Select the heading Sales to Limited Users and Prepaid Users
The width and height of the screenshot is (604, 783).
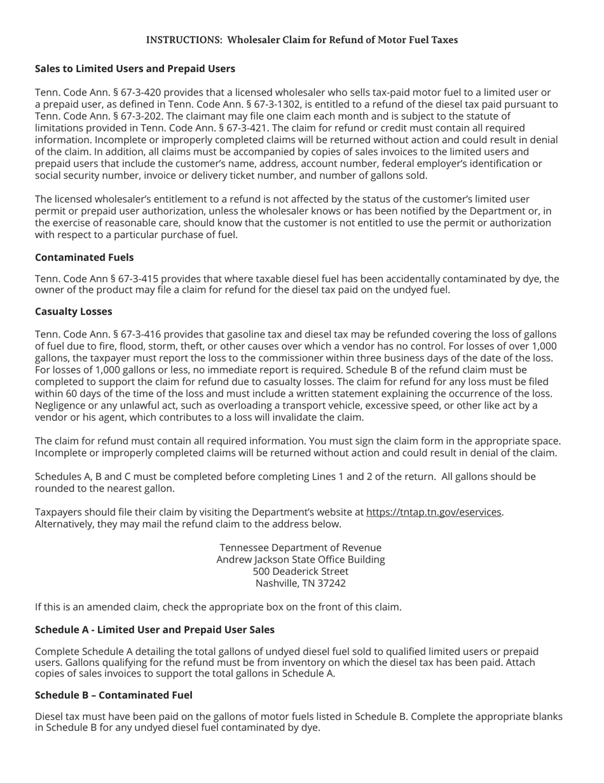click(135, 69)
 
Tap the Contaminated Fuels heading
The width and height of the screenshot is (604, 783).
click(84, 257)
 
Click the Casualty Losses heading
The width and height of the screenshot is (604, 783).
click(73, 311)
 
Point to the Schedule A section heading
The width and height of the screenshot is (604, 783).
click(154, 630)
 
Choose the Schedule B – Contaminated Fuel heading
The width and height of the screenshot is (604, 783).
click(113, 695)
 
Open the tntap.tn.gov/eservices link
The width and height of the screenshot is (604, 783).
click(434, 512)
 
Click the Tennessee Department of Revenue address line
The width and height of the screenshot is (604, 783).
click(301, 547)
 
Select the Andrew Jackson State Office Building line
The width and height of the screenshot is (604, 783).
click(301, 560)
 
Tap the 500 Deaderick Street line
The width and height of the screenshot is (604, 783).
click(301, 571)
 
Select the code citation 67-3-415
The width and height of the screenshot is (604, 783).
click(136, 279)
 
